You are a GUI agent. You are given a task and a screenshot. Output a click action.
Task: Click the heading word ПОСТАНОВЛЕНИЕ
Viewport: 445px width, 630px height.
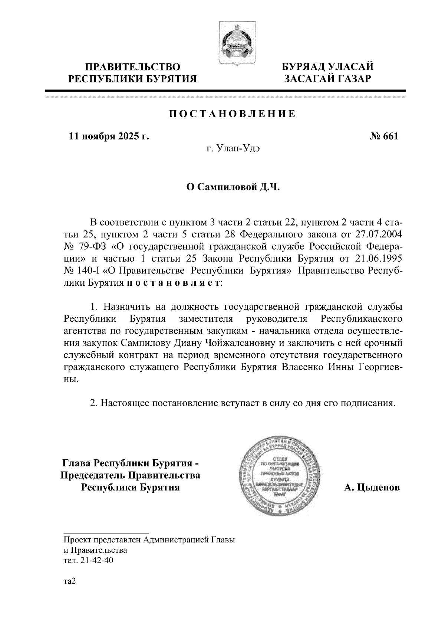[233, 114]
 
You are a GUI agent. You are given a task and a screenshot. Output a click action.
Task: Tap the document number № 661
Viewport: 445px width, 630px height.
[384, 137]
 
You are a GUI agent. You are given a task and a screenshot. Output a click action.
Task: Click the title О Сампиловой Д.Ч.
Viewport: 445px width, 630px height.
[232, 187]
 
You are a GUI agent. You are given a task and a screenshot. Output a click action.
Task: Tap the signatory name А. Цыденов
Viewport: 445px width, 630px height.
[372, 488]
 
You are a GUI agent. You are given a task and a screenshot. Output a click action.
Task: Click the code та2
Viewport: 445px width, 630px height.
[69, 581]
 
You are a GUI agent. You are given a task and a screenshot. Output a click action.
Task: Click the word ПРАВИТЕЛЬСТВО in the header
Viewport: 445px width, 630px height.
[133, 67]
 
